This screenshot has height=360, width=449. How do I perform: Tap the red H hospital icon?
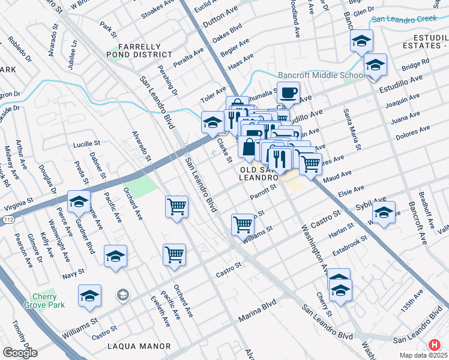tap(435, 346)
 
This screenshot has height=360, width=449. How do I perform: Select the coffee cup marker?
tap(289, 93)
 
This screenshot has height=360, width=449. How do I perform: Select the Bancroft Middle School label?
tap(321, 75)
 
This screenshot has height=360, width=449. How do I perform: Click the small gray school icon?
tap(122, 294)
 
